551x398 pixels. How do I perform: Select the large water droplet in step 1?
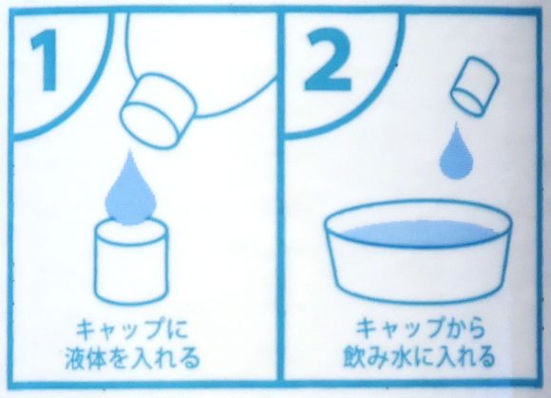tap(133, 190)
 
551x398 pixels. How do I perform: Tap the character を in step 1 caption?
tap(129, 359)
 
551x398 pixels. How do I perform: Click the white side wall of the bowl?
tap(418, 271)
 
